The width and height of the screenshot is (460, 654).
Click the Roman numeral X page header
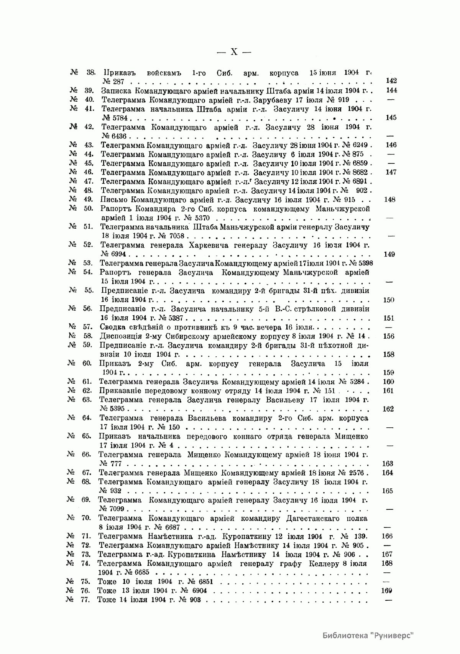pos(233,52)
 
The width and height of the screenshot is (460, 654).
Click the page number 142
pos(391,81)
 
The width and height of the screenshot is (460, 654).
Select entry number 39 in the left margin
pos(89,91)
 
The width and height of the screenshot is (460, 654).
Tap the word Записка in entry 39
pos(115,91)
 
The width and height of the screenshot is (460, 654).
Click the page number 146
pos(391,145)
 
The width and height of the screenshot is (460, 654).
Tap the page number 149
pos(389,254)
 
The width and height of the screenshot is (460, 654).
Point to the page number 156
pos(389,336)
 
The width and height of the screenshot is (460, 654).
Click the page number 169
pos(387,591)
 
